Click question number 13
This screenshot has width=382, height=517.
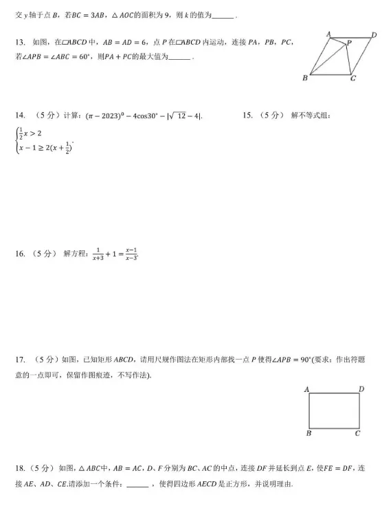point(19,43)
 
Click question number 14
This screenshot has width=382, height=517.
point(20,115)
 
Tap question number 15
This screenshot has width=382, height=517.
point(249,115)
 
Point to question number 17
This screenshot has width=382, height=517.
point(20,359)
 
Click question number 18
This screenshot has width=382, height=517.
point(20,467)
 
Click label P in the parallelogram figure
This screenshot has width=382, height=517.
point(348,43)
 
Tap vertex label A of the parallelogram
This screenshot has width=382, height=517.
point(328,34)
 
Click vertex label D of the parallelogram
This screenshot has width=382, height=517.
point(374,34)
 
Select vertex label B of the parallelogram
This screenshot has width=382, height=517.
point(305,78)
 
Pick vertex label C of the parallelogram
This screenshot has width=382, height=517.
point(352,78)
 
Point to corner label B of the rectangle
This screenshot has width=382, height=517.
point(308,433)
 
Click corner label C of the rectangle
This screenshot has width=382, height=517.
point(358,433)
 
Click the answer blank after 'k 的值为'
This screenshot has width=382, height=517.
point(223,15)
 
